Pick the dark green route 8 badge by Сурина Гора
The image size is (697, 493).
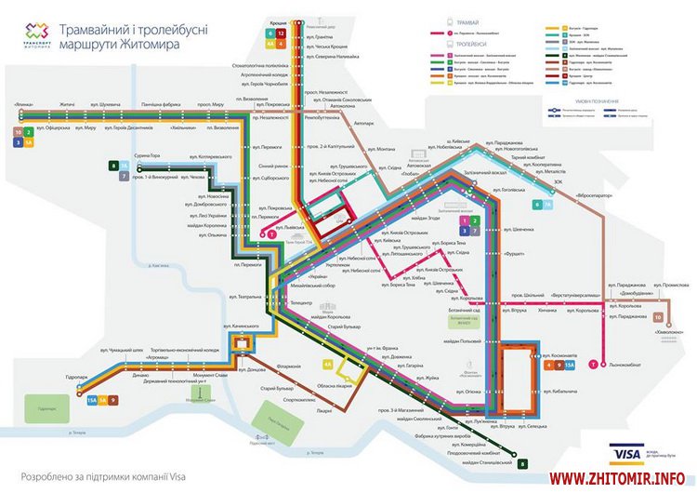point(113,165)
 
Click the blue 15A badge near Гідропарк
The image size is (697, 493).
point(92,400)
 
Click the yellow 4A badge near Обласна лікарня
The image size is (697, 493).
point(326,366)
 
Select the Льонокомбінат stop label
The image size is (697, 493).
point(625,365)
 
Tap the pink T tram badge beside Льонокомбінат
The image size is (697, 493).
point(593,365)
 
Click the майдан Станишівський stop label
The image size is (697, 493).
point(480,461)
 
